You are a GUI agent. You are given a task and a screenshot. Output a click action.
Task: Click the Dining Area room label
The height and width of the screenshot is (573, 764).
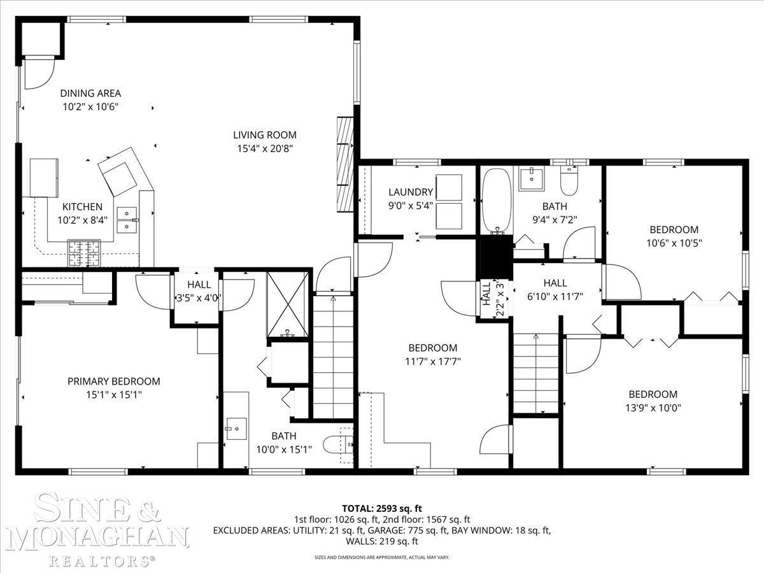tap(90, 94)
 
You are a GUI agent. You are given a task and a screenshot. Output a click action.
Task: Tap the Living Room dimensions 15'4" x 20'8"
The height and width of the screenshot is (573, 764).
tap(264, 148)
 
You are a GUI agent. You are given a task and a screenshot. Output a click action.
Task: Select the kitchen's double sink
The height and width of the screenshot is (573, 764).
tap(127, 219)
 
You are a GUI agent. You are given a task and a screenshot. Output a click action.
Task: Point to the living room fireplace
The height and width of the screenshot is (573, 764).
tap(344, 164)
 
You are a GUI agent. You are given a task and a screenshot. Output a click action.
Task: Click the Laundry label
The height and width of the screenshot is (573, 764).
tap(410, 192)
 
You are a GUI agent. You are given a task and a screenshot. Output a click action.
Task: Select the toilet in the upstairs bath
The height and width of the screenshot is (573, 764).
tap(569, 181)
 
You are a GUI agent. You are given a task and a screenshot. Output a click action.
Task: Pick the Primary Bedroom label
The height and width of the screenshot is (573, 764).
tap(113, 381)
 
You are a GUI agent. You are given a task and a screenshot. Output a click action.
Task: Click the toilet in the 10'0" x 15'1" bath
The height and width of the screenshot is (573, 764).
tap(335, 444)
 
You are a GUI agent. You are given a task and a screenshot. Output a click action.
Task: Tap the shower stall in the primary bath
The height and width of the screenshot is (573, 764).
tap(288, 302)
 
